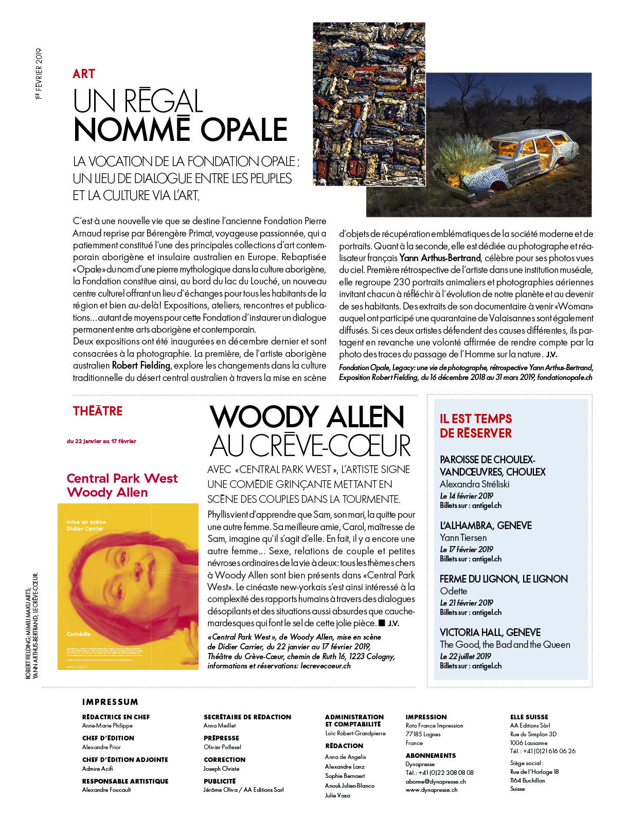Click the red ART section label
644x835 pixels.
pos(84,74)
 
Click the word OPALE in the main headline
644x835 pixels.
pos(244,130)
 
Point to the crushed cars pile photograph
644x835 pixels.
pos(369,103)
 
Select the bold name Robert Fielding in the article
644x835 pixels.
pos(141,366)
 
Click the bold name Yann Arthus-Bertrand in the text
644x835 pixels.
pos(440,258)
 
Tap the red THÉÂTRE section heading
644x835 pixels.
pos(98,411)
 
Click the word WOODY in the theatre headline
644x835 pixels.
pos(264,417)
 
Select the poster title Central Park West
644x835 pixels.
pos(122,479)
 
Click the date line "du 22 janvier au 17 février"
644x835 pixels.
pos(101,441)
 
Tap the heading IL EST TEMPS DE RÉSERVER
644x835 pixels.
pos(476,426)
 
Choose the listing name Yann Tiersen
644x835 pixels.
pos(463,538)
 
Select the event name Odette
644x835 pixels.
pos(453,591)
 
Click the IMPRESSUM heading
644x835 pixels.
pos(110,702)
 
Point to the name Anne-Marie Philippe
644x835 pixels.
pos(108,725)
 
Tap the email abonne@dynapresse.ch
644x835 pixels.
pos(436,782)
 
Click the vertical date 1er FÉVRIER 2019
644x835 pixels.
pos(39,74)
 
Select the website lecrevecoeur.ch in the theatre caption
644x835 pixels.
pos(326,666)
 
